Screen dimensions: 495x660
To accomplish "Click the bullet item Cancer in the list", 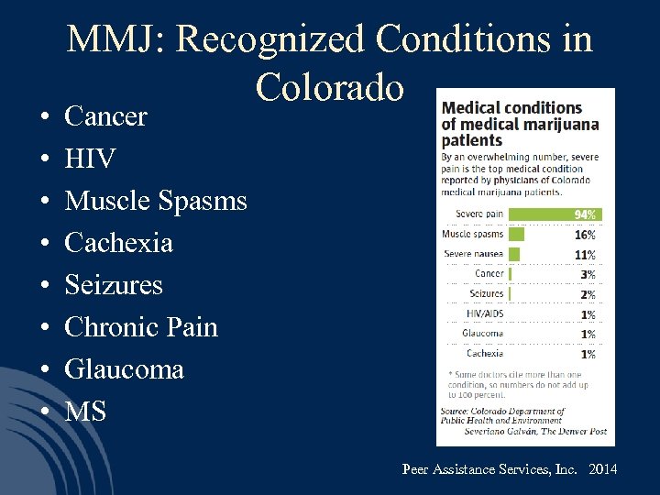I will [x=105, y=117].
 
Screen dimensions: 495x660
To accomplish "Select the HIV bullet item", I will [x=90, y=159].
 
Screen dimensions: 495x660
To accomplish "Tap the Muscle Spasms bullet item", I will [x=156, y=202].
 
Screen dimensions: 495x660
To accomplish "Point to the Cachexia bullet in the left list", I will [x=118, y=244].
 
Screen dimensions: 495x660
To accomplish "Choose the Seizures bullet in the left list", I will [x=114, y=285].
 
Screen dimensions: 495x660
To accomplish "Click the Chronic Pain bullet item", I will [x=141, y=327].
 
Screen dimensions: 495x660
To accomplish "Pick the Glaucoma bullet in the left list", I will [x=124, y=369].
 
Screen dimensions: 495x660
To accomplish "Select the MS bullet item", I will [x=85, y=412].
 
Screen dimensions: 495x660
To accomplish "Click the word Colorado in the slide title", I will [x=330, y=87].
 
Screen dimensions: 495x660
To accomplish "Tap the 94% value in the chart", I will [x=586, y=214].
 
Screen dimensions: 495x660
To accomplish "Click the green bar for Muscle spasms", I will [x=514, y=234].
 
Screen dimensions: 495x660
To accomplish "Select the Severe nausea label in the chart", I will [x=473, y=254].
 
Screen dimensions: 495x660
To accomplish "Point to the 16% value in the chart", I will [x=586, y=235].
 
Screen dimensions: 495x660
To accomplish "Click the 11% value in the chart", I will [x=586, y=255].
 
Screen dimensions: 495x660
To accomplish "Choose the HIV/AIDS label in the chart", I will [x=485, y=313].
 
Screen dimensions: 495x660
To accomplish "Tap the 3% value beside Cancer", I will [x=588, y=274].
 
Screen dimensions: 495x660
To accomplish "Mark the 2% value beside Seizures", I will [x=588, y=294].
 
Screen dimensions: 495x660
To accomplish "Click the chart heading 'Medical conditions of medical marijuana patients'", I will [x=519, y=125].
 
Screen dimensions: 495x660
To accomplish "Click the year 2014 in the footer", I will [x=603, y=469].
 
